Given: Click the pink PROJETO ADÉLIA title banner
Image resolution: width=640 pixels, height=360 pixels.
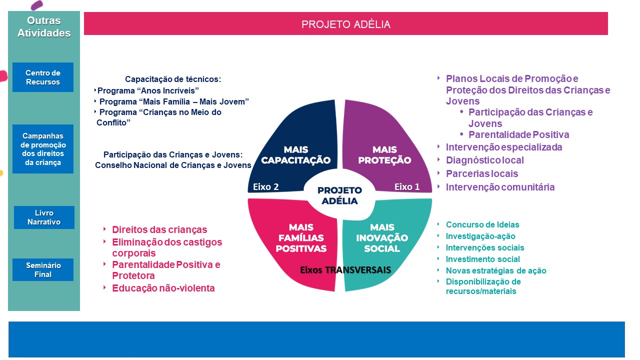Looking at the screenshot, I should (x=345, y=24).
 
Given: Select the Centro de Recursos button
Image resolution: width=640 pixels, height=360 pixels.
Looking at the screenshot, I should (x=43, y=77).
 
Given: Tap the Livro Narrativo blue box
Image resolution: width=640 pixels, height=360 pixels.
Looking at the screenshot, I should (x=44, y=217).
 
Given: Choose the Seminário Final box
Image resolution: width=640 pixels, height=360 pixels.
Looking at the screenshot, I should (x=43, y=270).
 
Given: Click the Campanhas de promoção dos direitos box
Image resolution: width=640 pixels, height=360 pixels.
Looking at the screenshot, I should (x=43, y=149).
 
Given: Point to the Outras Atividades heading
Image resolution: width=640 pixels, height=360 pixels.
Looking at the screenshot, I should (x=44, y=27).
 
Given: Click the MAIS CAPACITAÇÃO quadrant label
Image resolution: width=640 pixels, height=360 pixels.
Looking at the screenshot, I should (x=295, y=155).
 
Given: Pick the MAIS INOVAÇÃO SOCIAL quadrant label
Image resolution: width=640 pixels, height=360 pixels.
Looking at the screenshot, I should (x=382, y=238).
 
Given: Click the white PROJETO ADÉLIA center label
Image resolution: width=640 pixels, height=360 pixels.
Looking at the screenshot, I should (x=340, y=195).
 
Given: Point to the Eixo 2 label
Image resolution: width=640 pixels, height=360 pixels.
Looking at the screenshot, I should (x=265, y=187).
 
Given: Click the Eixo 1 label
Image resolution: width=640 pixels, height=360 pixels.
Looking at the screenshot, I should (x=407, y=187).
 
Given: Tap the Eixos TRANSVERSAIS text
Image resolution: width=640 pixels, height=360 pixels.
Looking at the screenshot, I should (x=345, y=270).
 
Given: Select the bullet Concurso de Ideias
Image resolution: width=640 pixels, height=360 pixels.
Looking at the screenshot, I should (x=482, y=225).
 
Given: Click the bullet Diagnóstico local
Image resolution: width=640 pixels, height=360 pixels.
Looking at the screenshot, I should (x=484, y=160).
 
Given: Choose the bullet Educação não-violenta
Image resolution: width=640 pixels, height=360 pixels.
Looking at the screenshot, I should (x=163, y=288).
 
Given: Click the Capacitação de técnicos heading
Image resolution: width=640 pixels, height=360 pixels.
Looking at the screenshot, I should (x=173, y=79).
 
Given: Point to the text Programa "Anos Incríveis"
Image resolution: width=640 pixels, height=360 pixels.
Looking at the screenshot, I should (x=148, y=90).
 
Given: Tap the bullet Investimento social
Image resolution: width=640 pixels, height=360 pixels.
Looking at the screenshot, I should (x=482, y=259).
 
